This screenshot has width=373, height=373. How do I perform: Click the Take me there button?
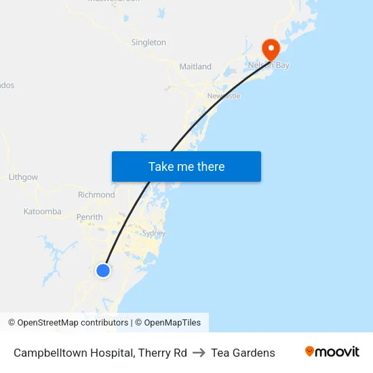(x=186, y=166)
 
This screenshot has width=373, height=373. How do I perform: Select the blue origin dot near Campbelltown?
(x=103, y=271)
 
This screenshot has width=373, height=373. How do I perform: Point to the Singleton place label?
(x=149, y=42)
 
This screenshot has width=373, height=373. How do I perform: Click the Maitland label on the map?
(x=195, y=66)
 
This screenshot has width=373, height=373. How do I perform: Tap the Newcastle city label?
(x=224, y=96)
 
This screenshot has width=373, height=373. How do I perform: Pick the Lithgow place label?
(x=24, y=177)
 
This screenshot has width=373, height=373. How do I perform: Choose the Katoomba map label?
(x=43, y=212)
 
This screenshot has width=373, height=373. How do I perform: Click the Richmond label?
(x=96, y=195)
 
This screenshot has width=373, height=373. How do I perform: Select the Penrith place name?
(x=90, y=217)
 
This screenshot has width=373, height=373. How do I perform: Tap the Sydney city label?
(x=154, y=233)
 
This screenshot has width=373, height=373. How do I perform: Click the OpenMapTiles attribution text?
(x=172, y=323)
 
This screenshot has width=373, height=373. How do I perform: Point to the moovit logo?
(x=332, y=352)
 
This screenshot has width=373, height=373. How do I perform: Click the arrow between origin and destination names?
(x=199, y=353)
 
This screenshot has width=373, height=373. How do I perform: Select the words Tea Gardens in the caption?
(x=243, y=353)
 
